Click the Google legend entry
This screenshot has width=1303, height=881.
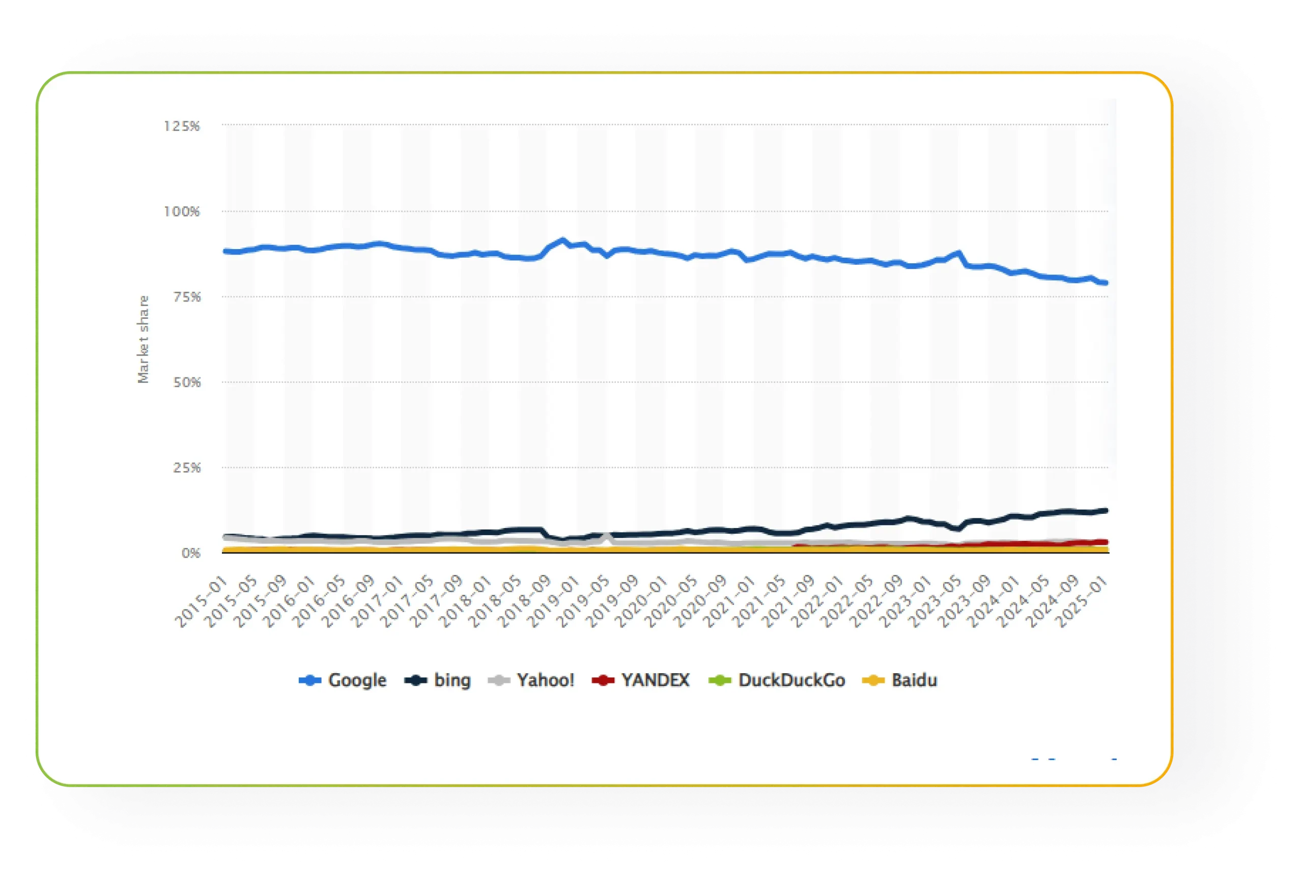[343, 680]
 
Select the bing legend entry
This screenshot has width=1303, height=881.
[438, 680]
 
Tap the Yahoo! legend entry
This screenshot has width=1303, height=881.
[531, 680]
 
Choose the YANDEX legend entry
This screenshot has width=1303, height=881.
[641, 680]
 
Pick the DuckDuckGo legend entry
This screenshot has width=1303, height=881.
[777, 680]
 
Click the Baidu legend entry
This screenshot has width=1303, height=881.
[900, 680]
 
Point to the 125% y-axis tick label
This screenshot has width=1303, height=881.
[182, 126]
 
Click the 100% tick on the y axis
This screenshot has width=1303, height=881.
[182, 212]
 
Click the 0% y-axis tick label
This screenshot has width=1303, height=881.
[191, 554]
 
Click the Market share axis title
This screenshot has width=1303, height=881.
[144, 339]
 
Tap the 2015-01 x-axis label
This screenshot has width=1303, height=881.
[201, 603]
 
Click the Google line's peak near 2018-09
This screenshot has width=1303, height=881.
[563, 239]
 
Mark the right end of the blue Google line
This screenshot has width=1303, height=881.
[1105, 283]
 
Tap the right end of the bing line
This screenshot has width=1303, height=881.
[1105, 510]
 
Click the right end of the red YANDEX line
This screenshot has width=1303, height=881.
[1105, 542]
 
